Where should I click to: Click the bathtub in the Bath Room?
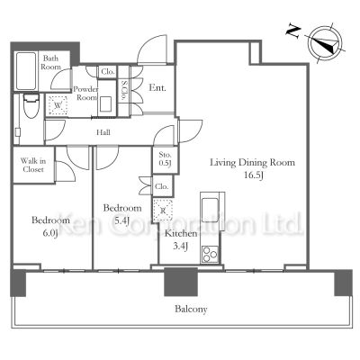tap(26, 71)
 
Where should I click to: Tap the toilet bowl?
tap(31, 105)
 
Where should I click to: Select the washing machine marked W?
tap(58, 105)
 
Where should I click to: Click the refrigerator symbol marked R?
tap(163, 211)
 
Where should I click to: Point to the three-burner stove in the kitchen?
tap(210, 254)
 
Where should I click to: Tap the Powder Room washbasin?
tap(105, 104)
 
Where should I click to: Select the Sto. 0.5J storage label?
tap(165, 159)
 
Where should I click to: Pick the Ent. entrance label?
tap(157, 87)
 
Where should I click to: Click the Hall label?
tap(103, 132)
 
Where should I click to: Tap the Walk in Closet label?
tap(33, 165)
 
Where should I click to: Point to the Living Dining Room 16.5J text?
tap(253, 168)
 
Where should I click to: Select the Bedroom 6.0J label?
tap(50, 226)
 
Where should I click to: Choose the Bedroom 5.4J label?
tap(122, 214)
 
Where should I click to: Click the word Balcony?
tap(191, 309)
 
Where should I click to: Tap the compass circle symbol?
tap(326, 44)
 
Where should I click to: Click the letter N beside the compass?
tap(293, 31)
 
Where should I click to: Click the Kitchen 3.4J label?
tap(181, 239)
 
